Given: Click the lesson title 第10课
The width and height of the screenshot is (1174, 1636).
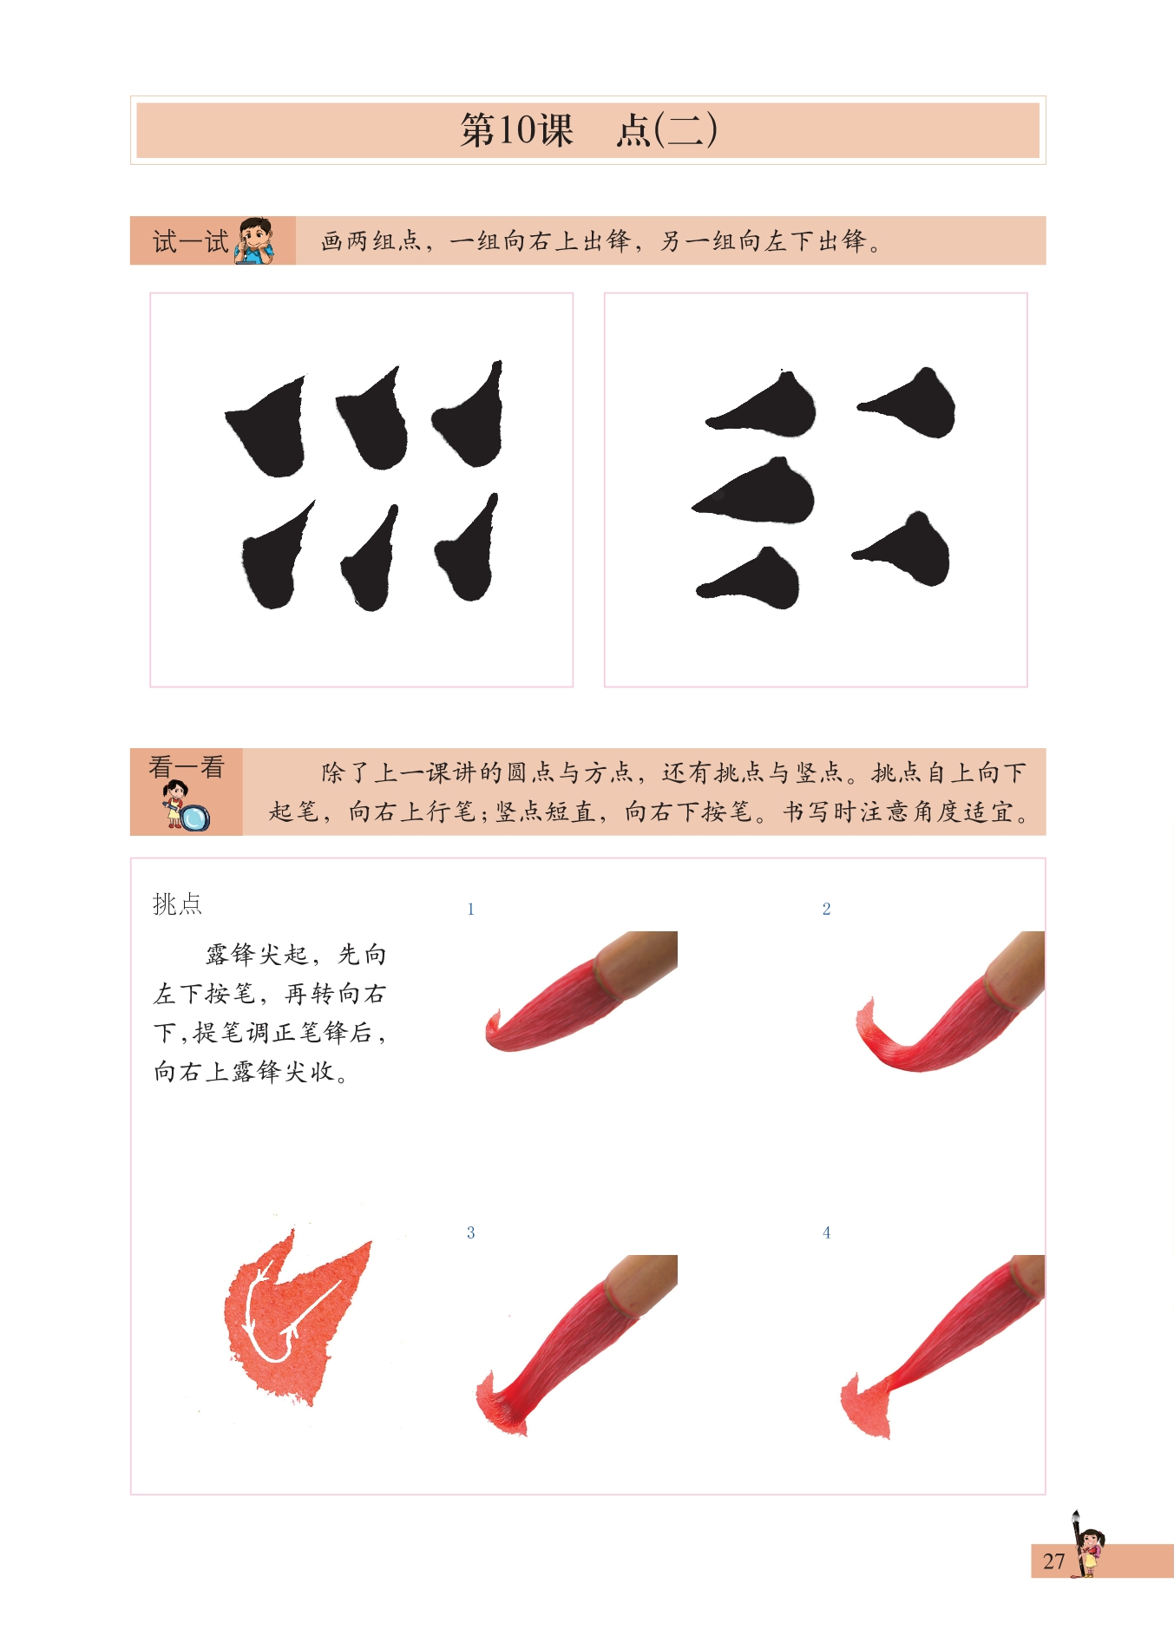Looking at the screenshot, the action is [516, 130].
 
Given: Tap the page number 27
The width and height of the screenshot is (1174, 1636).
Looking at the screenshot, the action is [1053, 1561].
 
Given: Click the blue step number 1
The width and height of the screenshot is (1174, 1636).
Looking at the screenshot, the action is [470, 909].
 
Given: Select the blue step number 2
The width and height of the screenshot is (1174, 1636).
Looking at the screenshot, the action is [826, 909].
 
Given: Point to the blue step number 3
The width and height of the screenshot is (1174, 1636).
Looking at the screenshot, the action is [470, 1232].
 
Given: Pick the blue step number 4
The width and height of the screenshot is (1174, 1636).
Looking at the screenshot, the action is [826, 1232].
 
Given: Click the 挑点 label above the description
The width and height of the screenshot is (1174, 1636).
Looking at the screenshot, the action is [177, 904].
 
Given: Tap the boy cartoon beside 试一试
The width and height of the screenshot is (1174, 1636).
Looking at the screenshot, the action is [255, 240].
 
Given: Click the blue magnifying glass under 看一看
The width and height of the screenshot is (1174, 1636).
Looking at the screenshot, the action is [195, 818].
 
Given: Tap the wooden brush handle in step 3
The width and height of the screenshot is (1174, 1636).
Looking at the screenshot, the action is [642, 1280].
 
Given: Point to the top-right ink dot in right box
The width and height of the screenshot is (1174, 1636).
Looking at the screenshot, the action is [911, 405].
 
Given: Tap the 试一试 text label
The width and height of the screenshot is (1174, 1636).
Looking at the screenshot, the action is [190, 241].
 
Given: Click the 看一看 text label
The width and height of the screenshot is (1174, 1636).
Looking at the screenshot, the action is [187, 766].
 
